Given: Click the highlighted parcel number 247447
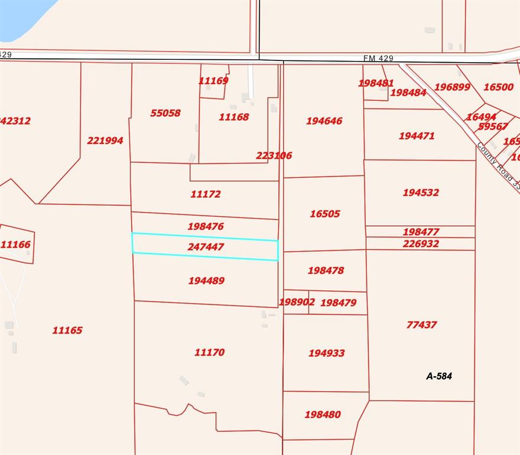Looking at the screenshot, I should click(205, 246).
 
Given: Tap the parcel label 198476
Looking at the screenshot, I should click(205, 226).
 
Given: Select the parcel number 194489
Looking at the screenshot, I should click(206, 281).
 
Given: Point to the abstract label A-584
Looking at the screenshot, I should click(439, 376).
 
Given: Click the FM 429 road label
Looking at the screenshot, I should click(378, 58).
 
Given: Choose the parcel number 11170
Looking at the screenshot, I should click(209, 352).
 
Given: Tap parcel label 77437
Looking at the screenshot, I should click(422, 325).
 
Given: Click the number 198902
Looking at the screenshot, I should click(297, 302).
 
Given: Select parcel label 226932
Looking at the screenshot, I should click(421, 243).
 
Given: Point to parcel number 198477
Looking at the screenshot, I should click(421, 232).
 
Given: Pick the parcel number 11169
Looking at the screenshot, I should click(214, 81).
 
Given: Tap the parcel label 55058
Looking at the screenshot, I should click(165, 113).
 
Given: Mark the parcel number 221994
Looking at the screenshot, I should click(105, 140).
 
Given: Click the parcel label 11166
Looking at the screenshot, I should click(15, 244).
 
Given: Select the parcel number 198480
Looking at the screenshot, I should click(322, 415).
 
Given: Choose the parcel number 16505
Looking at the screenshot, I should click(325, 214).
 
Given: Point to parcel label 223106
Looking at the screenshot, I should click(274, 155).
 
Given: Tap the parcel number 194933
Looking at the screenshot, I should click(327, 353).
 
